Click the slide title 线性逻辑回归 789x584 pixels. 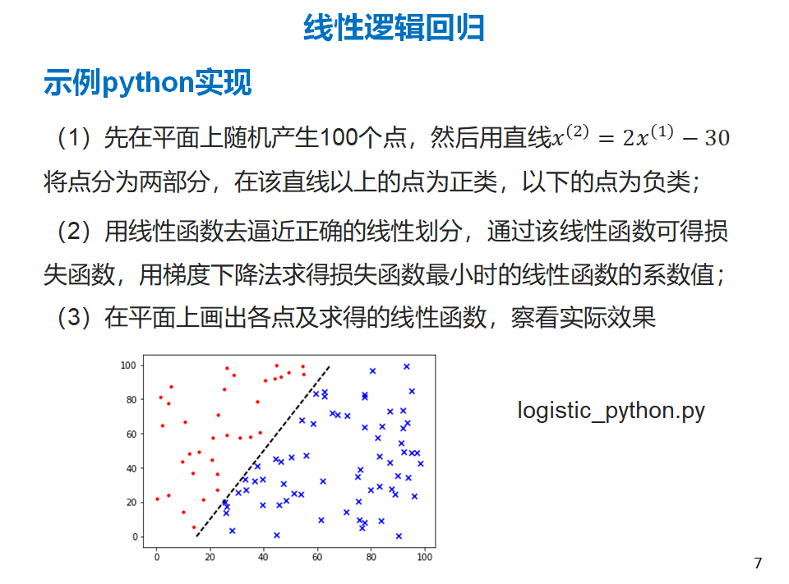[394, 27]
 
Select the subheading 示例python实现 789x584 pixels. [147, 82]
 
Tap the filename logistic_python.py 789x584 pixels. [611, 411]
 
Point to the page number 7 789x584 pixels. [758, 563]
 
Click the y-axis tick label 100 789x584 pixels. [128, 366]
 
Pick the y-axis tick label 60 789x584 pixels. [131, 434]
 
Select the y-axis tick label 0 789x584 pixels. [135, 536]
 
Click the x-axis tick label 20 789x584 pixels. [210, 557]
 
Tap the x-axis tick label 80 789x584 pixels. [371, 557]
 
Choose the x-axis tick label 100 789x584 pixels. [424, 557]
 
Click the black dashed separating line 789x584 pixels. [263, 451]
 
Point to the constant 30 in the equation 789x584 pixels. [717, 138]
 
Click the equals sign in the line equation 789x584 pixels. [606, 138]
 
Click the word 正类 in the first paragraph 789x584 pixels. [473, 182]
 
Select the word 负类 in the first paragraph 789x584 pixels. [667, 182]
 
